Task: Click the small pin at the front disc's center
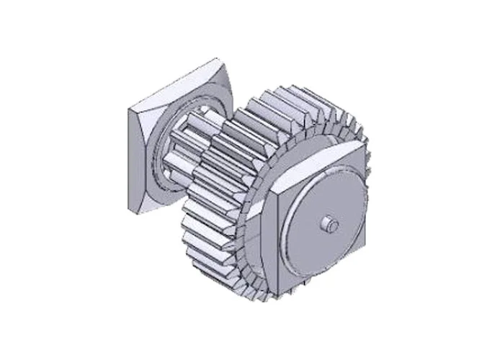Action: (329, 225)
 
